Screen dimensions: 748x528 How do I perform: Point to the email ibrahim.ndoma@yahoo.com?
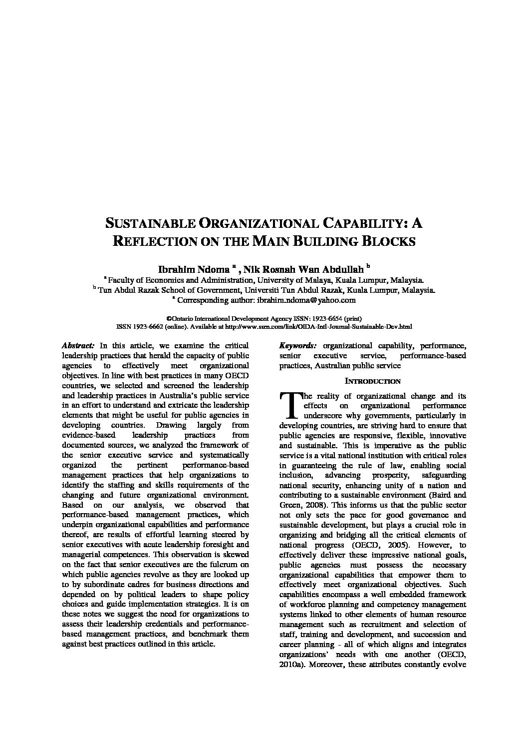pyautogui.click(x=306, y=300)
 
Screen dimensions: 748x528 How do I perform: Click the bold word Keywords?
pyautogui.click(x=298, y=345)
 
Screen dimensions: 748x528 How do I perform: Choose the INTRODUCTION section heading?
pyautogui.click(x=373, y=381)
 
